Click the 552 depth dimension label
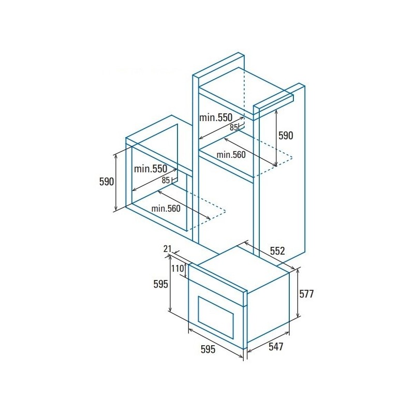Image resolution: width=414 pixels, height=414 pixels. click(277, 251)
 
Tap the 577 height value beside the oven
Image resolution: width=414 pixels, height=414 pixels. click(306, 294)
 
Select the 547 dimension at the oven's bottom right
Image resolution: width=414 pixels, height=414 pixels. click(276, 347)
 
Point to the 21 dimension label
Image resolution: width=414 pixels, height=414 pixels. click(168, 249)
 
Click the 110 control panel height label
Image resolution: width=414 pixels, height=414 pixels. click(178, 269)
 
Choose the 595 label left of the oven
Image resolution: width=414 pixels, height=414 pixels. click(161, 284)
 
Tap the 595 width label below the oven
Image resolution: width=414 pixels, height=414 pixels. click(208, 349)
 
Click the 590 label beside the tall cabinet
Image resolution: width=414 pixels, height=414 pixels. click(286, 136)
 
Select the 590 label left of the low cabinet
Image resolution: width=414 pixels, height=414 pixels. click(107, 182)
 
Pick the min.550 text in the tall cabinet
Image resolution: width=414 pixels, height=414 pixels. click(216, 117)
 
